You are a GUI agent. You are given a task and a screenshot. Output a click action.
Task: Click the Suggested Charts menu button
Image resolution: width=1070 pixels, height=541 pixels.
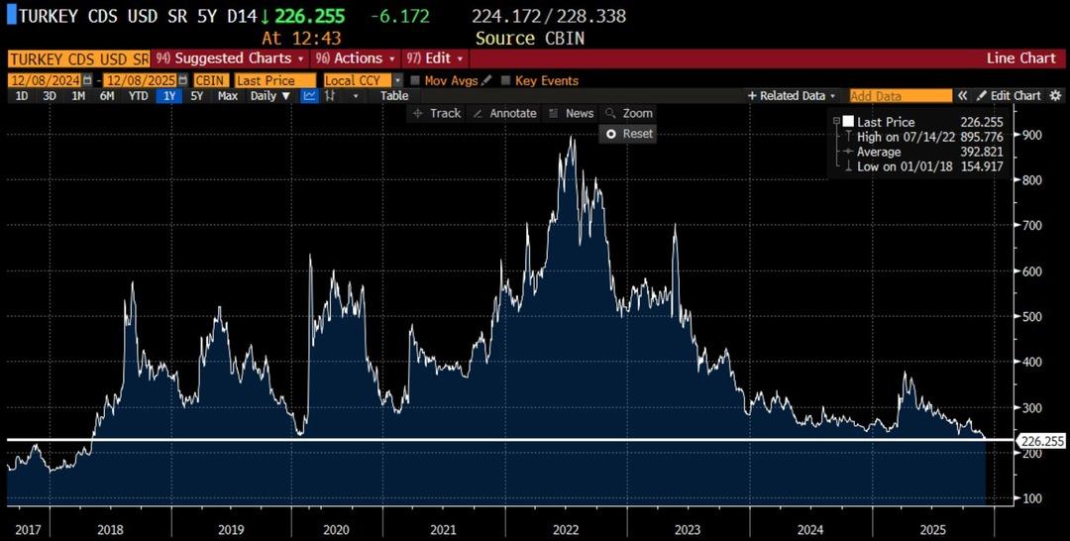click(231, 58)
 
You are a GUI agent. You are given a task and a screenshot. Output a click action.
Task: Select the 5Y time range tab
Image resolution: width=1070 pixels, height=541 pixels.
click(196, 96)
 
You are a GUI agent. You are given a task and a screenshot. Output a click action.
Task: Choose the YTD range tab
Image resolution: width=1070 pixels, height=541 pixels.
click(138, 96)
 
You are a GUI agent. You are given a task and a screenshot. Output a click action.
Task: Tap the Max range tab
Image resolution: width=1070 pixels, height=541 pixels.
click(228, 96)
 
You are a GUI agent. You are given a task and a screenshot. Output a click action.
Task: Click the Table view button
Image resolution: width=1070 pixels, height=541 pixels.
click(394, 96)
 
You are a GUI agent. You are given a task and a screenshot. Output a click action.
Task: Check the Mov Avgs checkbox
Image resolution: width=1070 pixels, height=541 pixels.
click(416, 80)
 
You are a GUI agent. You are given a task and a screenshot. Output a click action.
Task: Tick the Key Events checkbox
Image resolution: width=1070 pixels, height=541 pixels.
click(506, 80)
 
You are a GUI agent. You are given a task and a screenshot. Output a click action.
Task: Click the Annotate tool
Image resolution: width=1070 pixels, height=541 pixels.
click(504, 113)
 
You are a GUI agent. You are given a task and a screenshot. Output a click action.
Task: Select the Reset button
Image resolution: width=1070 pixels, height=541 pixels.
click(629, 133)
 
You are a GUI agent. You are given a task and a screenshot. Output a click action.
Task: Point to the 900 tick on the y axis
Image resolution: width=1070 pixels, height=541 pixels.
click(1033, 135)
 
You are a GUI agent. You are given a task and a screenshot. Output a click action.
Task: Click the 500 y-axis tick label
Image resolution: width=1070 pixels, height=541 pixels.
click(1033, 316)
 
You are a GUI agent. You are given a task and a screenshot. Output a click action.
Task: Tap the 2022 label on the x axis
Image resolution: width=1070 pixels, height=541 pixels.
click(565, 530)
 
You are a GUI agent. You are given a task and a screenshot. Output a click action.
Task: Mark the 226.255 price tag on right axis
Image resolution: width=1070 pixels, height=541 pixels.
click(1042, 441)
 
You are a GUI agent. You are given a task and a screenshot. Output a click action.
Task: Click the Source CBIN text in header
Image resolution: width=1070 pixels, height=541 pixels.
click(530, 38)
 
